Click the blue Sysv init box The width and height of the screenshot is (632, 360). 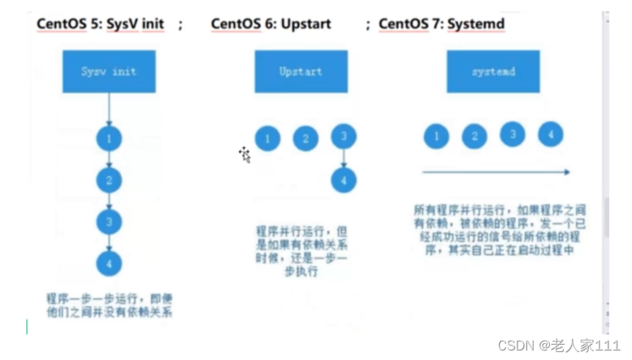[x=109, y=71]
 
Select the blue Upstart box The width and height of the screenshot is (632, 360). [x=301, y=71]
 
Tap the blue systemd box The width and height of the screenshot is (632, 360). [x=493, y=71]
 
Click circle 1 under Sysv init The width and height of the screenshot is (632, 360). [x=109, y=138]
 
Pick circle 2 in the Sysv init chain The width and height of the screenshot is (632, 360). [x=109, y=179]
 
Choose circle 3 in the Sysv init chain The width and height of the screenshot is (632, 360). [x=109, y=221]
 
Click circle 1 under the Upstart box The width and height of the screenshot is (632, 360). [x=268, y=138]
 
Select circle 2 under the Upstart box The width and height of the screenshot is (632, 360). [x=306, y=138]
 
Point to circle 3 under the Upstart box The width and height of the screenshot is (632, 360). [x=344, y=136]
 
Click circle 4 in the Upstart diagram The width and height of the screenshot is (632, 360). [x=344, y=180]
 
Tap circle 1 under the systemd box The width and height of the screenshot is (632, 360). [x=437, y=136]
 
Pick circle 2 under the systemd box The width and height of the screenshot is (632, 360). [x=474, y=136]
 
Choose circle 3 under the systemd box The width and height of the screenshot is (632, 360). [x=512, y=134]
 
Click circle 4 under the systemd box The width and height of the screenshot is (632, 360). [x=551, y=134]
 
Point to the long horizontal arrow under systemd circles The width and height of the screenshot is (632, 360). [x=496, y=172]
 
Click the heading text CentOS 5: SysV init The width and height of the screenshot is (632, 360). [x=100, y=24]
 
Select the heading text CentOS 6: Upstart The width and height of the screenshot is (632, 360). [x=271, y=24]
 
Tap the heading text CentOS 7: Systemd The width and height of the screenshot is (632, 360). [x=441, y=24]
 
